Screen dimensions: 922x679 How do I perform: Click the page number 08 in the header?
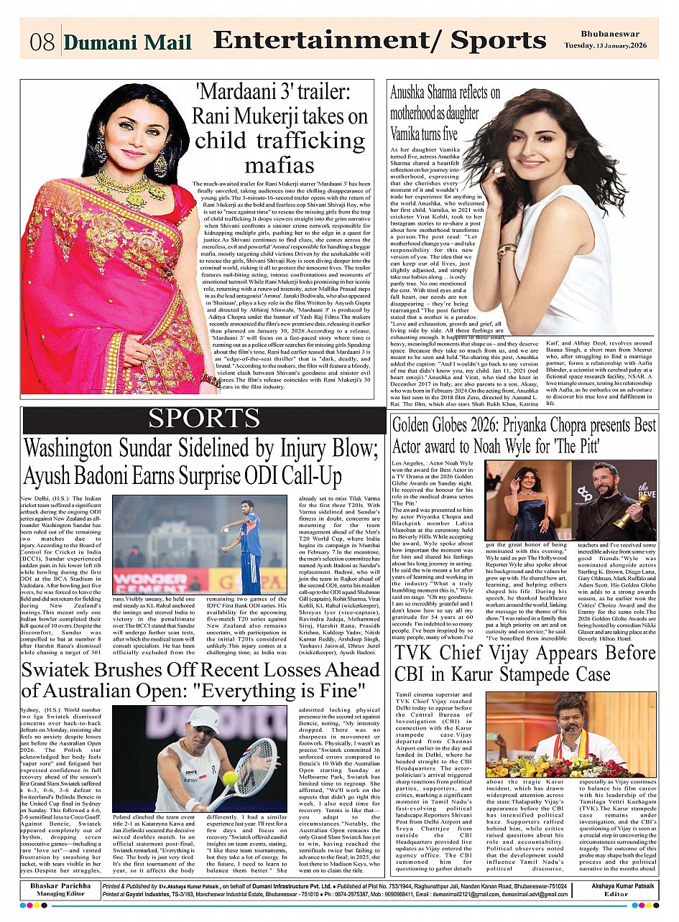42,42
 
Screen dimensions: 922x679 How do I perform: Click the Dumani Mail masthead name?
127,42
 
